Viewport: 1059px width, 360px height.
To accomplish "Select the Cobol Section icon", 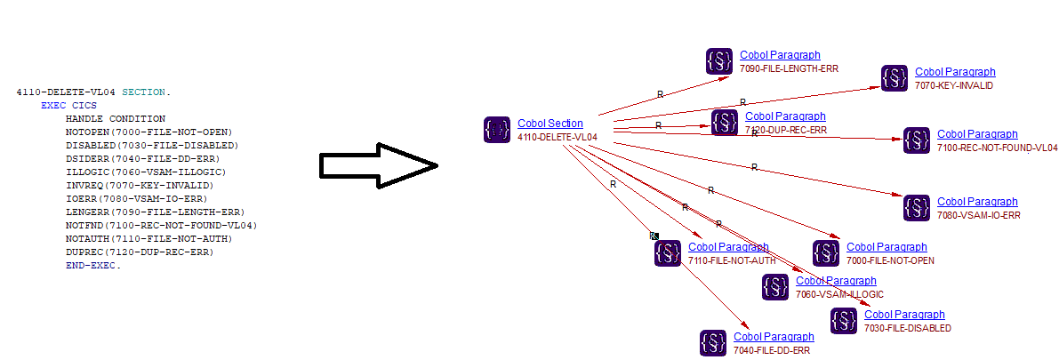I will pyautogui.click(x=497, y=130).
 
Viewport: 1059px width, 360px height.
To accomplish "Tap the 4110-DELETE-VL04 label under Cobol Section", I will pyautogui.click(x=557, y=138).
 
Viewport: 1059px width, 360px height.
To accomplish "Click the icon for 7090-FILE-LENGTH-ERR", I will pyautogui.click(x=719, y=60).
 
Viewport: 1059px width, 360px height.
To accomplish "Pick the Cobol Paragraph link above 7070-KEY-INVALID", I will pyautogui.click(x=955, y=72).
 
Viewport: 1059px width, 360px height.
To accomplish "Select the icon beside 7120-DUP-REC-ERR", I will pyautogui.click(x=725, y=122).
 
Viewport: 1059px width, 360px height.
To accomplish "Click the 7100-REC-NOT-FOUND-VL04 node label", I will pyautogui.click(x=997, y=148).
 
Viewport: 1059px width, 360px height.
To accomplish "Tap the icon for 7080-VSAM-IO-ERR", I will pyautogui.click(x=917, y=208).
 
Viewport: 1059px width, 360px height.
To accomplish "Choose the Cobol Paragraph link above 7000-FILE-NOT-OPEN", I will pyautogui.click(x=887, y=247).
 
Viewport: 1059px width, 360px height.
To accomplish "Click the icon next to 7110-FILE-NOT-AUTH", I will pyautogui.click(x=668, y=253).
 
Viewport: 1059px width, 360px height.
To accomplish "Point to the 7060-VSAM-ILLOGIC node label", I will pyautogui.click(x=839, y=294).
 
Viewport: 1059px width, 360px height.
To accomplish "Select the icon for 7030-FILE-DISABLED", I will pyautogui.click(x=844, y=321).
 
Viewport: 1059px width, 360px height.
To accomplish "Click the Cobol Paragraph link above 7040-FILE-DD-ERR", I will pyautogui.click(x=774, y=337).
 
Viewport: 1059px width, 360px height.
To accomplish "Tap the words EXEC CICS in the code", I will pyautogui.click(x=66, y=105).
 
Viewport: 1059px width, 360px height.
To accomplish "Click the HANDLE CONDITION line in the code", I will pyautogui.click(x=115, y=118).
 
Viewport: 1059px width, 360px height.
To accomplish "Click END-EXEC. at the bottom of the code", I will pyautogui.click(x=92, y=265).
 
